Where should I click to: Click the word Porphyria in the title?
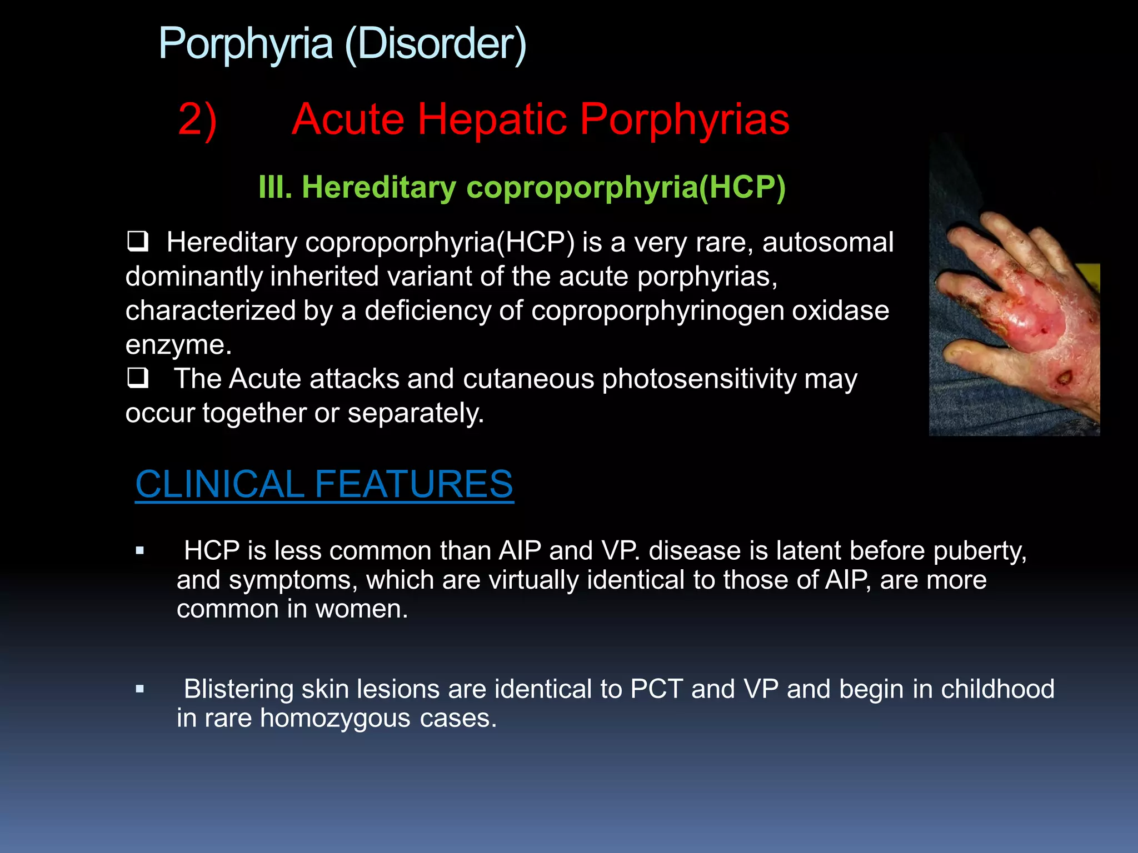point(246,44)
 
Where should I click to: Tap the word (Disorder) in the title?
point(436,44)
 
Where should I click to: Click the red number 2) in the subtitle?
point(197,119)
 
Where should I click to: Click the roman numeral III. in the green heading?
point(275,187)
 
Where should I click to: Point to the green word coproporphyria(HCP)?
point(626,187)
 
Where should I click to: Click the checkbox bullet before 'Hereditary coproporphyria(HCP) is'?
point(137,242)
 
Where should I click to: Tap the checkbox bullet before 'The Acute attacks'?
point(137,378)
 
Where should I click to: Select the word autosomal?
point(827,243)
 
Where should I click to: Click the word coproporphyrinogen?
point(657,310)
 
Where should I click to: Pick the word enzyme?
point(178,345)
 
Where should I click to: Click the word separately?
point(416,413)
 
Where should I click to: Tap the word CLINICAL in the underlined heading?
point(219,484)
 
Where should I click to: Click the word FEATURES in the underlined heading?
point(414,484)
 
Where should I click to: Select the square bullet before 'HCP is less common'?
point(140,551)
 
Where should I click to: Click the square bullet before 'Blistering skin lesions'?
point(140,689)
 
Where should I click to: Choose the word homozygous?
point(335,718)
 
